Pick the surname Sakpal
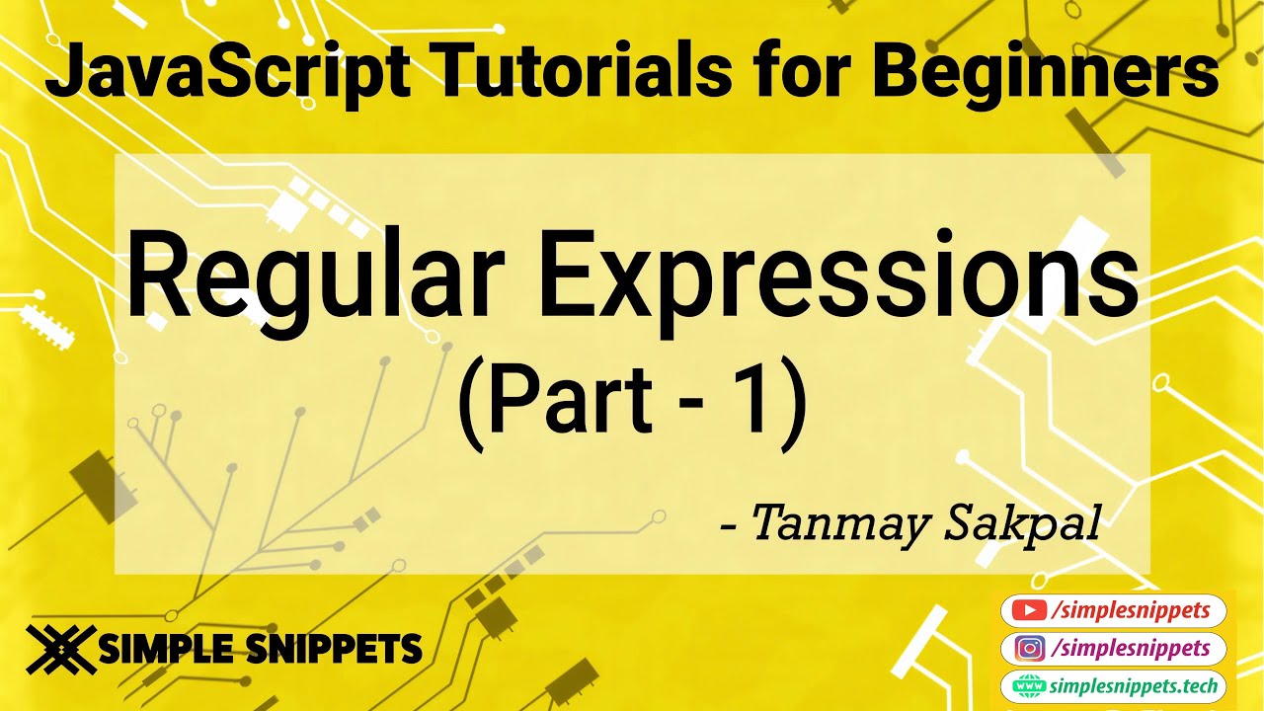1022,523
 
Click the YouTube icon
1030,611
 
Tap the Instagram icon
1030,649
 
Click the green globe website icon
1029,685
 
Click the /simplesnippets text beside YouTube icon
1131,611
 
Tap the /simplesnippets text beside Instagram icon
1131,649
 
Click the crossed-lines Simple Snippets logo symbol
61,648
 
